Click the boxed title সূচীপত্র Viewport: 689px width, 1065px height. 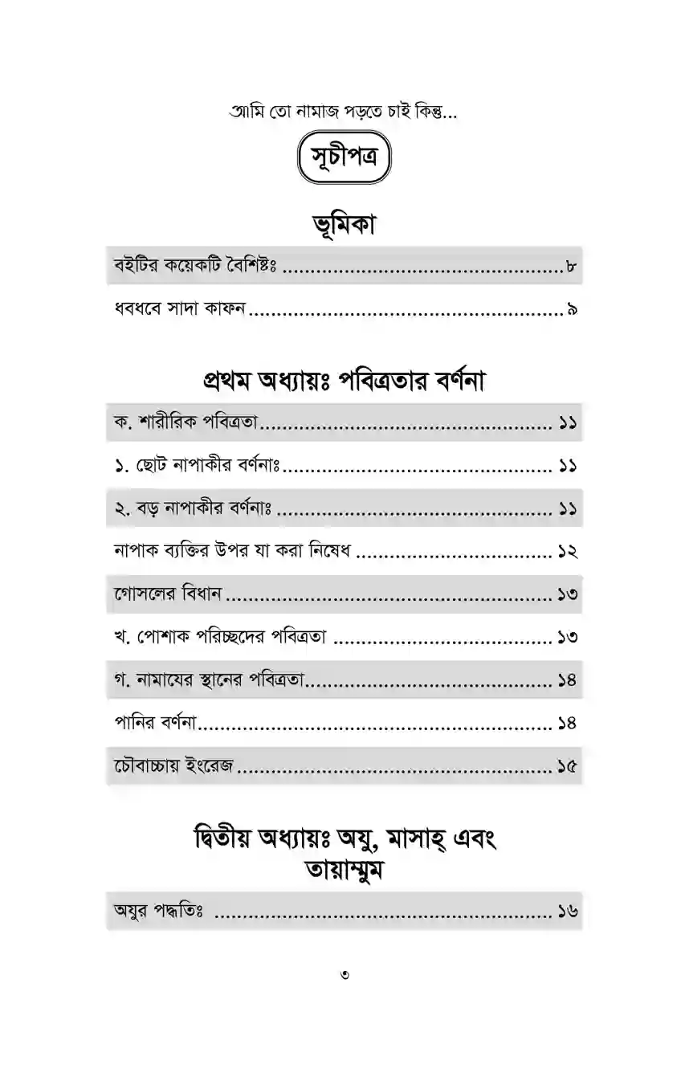pyautogui.click(x=344, y=161)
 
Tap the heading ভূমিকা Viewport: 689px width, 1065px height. pyautogui.click(x=344, y=226)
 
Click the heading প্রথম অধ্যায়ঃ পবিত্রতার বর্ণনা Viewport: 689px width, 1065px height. pyautogui.click(x=344, y=381)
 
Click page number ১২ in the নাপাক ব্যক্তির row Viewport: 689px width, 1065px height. pyautogui.click(x=568, y=552)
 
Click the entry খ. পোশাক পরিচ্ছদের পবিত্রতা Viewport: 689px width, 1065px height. pyautogui.click(x=219, y=638)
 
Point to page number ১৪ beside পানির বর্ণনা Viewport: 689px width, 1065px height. pyautogui.click(x=568, y=724)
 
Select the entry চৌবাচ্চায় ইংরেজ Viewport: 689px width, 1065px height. pyautogui.click(x=173, y=767)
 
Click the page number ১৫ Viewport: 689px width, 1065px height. pyautogui.click(x=568, y=767)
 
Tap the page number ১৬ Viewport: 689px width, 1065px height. pyautogui.click(x=568, y=912)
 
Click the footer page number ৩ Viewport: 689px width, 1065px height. pyautogui.click(x=344, y=975)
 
